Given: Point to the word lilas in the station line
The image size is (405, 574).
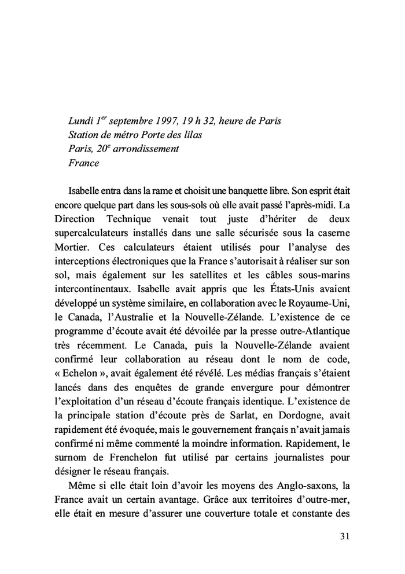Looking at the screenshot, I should (x=195, y=135).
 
